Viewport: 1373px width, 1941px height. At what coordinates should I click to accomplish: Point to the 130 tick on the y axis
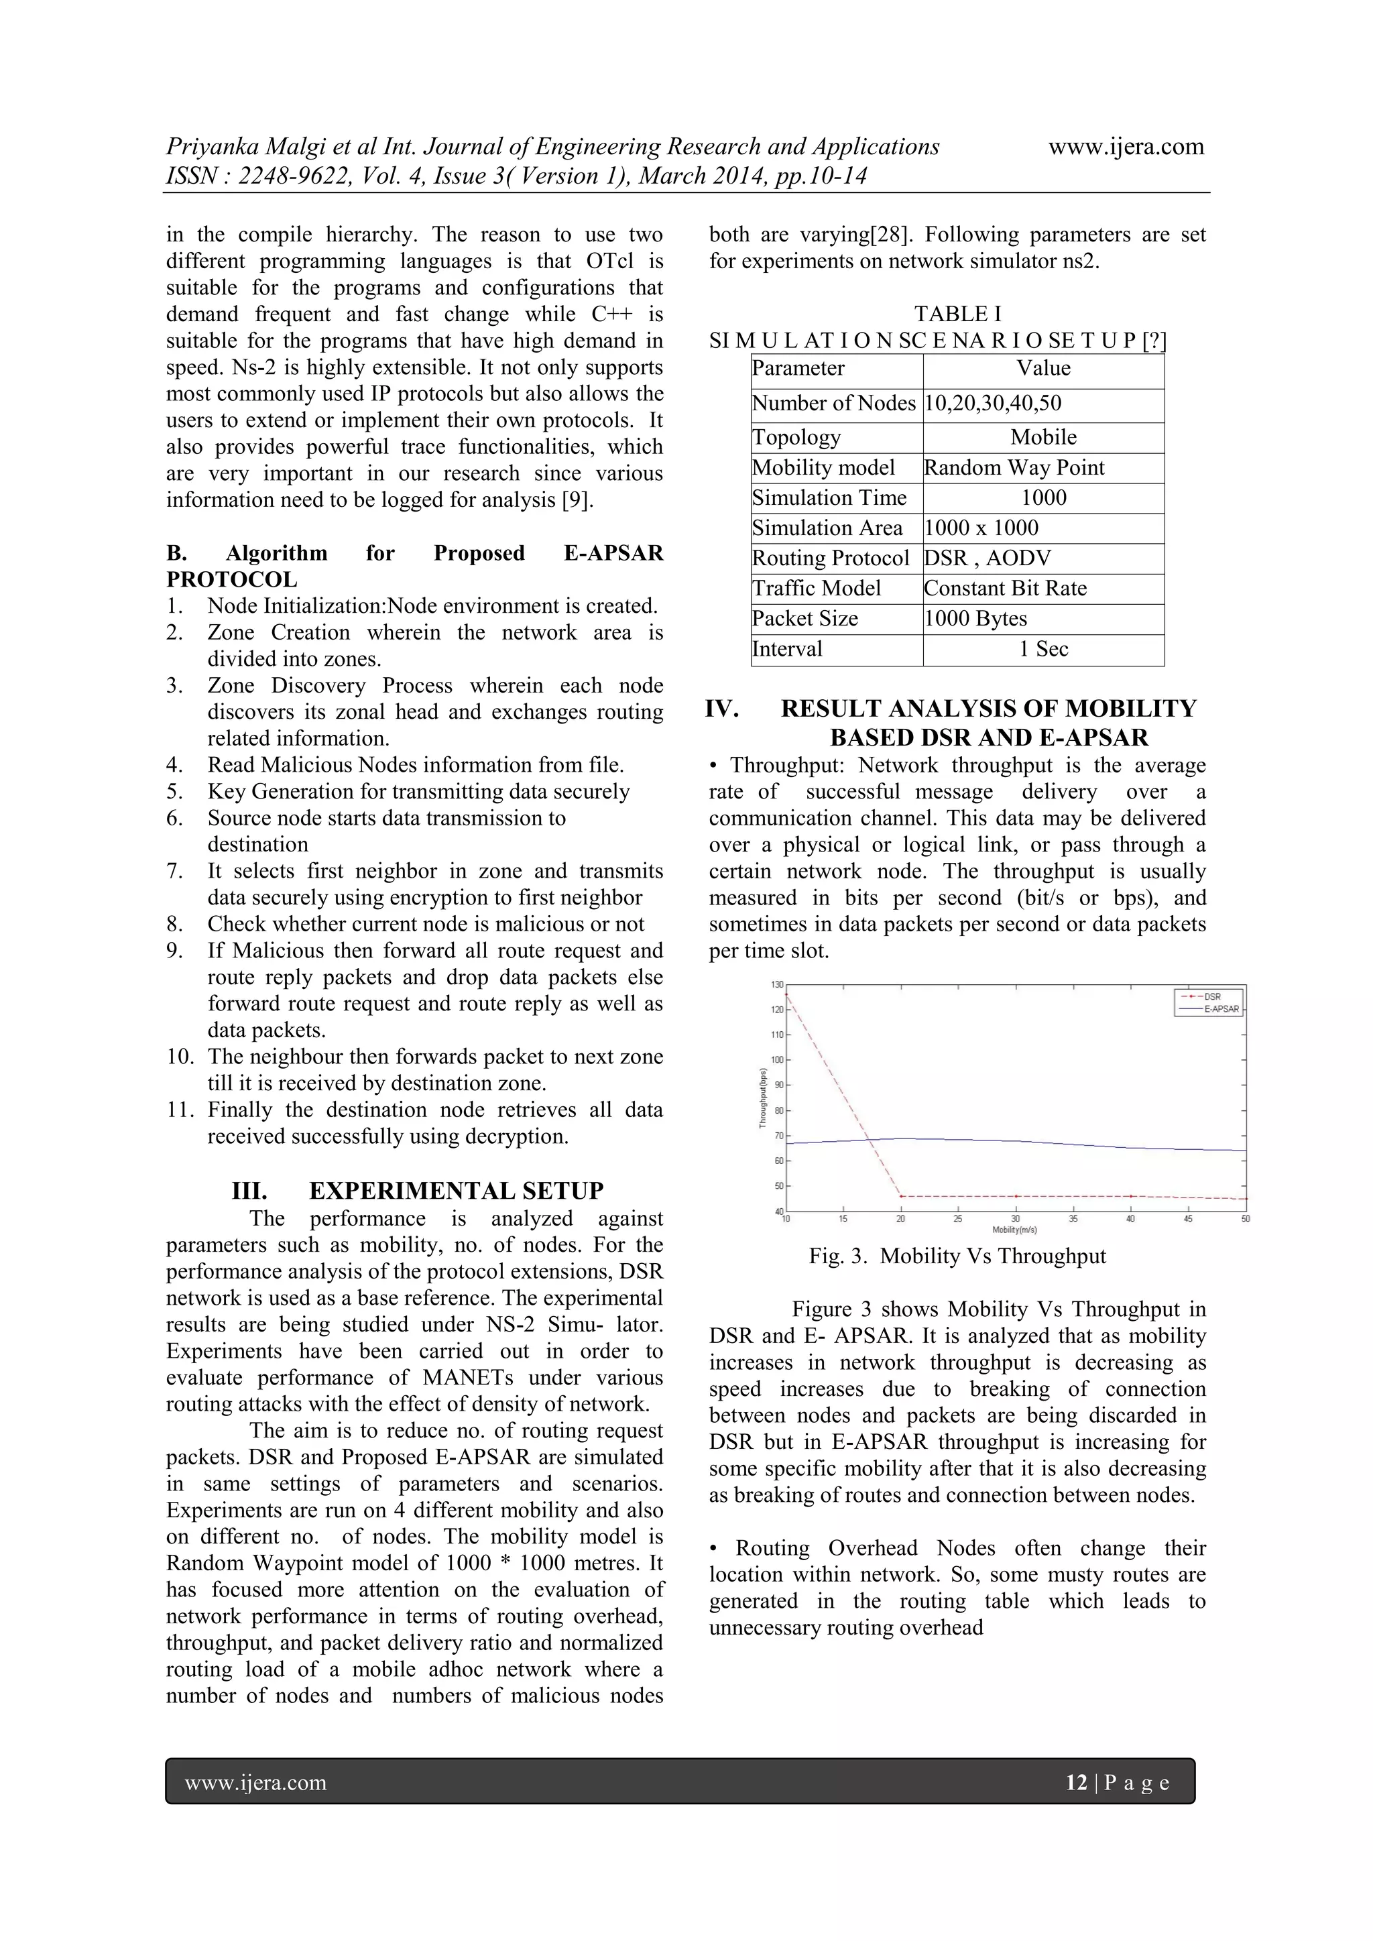click(776, 984)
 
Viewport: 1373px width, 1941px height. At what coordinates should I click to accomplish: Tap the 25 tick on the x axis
click(958, 1218)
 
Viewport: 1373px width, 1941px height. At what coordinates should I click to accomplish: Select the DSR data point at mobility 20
click(901, 1196)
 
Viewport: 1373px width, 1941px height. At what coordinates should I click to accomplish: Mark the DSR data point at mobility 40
click(1131, 1196)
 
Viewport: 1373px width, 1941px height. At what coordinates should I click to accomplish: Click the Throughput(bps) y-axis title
click(762, 1098)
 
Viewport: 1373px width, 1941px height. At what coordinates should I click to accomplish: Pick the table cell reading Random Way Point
click(1014, 467)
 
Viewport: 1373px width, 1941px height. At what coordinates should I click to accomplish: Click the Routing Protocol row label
click(830, 558)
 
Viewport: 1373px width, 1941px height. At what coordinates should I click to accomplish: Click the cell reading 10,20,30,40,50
click(993, 403)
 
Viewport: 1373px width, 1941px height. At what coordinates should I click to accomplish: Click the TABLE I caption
click(957, 314)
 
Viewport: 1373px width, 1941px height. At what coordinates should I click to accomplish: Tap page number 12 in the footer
click(1075, 1783)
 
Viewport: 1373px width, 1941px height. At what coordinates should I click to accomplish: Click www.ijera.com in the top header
click(1126, 146)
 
